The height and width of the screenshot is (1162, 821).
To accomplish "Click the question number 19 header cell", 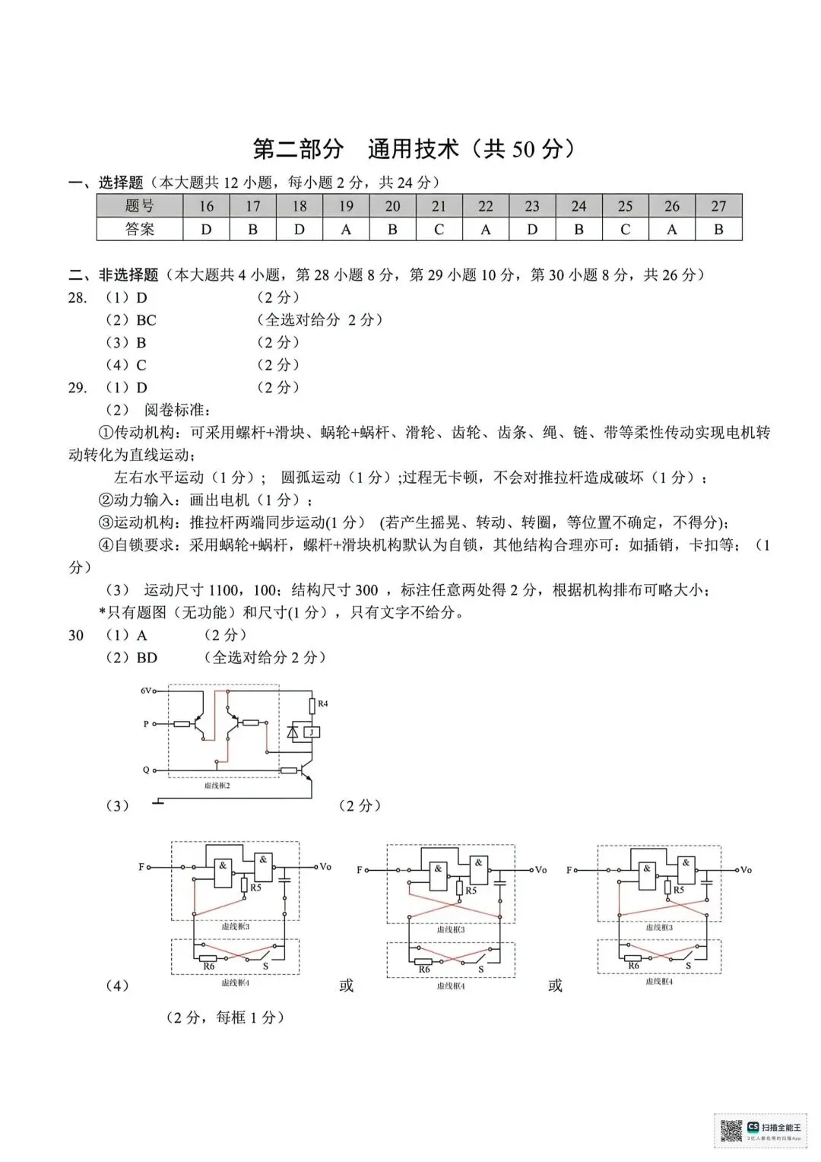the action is (x=346, y=206).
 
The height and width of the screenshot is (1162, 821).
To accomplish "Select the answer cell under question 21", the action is (x=439, y=229).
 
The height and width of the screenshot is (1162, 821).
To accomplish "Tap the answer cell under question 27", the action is (x=718, y=229).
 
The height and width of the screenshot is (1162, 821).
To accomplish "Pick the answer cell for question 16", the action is (x=206, y=229).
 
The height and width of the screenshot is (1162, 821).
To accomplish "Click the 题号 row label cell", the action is (x=140, y=206).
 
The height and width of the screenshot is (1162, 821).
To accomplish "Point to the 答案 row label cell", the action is (x=140, y=229).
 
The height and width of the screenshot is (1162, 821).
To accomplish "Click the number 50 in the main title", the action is (x=523, y=149).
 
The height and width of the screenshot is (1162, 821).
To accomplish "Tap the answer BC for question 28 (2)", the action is (x=146, y=320).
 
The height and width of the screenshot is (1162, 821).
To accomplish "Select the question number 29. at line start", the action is (x=78, y=388).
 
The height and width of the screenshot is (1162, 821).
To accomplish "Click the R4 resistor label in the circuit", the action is (x=323, y=703).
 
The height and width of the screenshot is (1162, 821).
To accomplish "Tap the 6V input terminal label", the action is (x=147, y=691).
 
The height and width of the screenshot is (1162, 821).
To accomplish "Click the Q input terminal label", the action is (x=146, y=770).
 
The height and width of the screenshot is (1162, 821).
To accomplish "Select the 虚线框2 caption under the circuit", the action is (x=217, y=785).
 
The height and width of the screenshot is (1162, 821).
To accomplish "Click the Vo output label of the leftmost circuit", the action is (x=325, y=866).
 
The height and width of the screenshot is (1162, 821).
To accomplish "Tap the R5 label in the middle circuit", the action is (x=471, y=891).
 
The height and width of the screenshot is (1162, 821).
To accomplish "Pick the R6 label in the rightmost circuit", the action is (x=633, y=966).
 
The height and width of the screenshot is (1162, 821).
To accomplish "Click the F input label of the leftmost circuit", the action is (x=141, y=866).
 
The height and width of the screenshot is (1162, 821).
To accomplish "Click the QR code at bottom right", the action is (x=731, y=1131).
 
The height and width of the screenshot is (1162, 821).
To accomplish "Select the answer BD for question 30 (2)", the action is (x=147, y=658).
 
